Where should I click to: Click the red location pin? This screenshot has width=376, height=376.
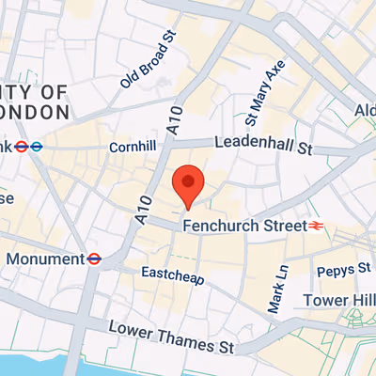[x=189, y=184]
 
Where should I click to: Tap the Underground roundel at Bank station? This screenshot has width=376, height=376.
[x=36, y=146]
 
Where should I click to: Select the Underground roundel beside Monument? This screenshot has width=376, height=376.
[x=94, y=258]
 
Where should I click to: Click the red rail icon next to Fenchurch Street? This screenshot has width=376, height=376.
[x=317, y=226]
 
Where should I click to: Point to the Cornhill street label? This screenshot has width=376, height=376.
[x=132, y=148]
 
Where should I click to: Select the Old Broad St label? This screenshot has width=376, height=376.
[x=148, y=59]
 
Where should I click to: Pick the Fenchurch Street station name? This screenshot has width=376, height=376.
[x=244, y=226]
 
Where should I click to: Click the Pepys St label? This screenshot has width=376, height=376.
[x=343, y=270]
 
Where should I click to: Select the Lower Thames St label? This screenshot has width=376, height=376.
[x=170, y=337]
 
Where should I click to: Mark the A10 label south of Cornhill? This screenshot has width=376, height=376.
[x=143, y=206]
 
